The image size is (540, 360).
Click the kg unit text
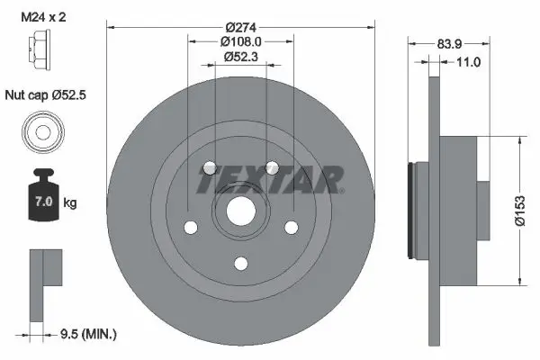point(69,203)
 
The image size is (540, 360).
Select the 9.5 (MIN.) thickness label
point(86,334)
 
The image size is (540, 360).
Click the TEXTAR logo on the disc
point(270,181)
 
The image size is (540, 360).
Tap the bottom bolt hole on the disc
point(240,263)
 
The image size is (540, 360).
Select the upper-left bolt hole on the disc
point(210,168)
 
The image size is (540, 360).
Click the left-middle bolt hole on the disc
point(191,228)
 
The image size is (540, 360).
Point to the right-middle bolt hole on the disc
point(291,228)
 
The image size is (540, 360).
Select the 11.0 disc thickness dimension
point(467,62)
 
